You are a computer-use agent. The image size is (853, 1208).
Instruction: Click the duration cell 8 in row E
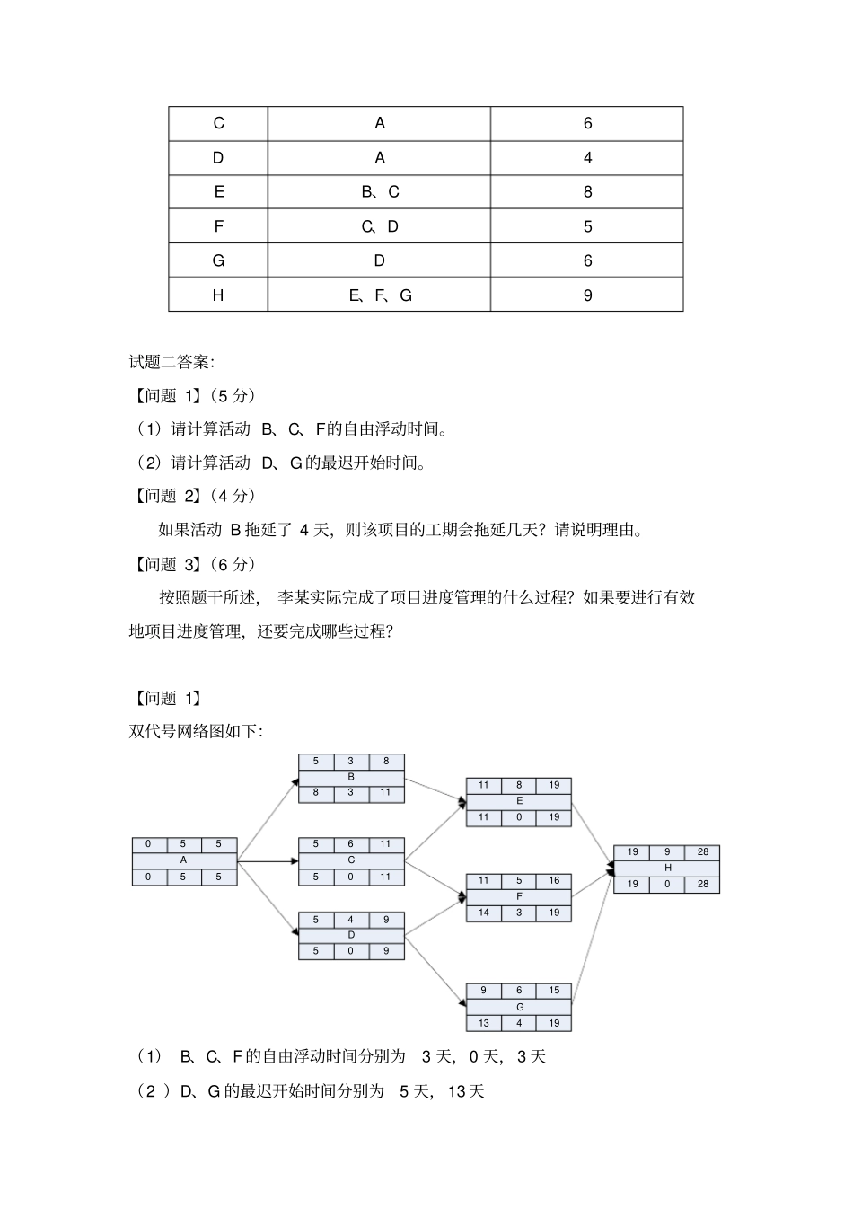[x=587, y=192]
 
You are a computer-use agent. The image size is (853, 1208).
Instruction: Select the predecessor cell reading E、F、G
[x=380, y=295]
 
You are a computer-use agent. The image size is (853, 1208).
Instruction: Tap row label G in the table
[x=218, y=261]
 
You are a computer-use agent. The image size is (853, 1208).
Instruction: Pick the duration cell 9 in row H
[x=587, y=295]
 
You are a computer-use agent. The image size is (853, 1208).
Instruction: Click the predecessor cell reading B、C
[x=380, y=192]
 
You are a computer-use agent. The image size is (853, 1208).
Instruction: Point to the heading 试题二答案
[x=171, y=362]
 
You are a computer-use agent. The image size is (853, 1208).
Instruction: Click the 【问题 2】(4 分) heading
[x=193, y=496]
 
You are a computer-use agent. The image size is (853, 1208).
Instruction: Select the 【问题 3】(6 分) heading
[x=193, y=564]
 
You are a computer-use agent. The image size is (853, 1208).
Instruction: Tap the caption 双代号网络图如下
[x=196, y=732]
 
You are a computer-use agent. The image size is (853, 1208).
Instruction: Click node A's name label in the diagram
[x=184, y=860]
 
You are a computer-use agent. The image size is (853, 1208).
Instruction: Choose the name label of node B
[x=351, y=777]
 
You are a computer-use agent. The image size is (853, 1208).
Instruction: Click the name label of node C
[x=351, y=860]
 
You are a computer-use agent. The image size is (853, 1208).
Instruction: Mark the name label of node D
[x=351, y=935]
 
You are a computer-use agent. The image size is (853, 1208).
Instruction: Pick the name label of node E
[x=519, y=801]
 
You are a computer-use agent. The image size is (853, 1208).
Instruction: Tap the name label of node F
[x=519, y=896]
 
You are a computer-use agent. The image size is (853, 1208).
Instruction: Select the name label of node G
[x=519, y=1007]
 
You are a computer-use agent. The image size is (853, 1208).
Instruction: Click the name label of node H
[x=667, y=868]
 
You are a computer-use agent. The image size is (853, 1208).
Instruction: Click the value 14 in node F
[x=484, y=913]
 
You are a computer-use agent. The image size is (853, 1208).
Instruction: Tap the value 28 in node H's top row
[x=702, y=851]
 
